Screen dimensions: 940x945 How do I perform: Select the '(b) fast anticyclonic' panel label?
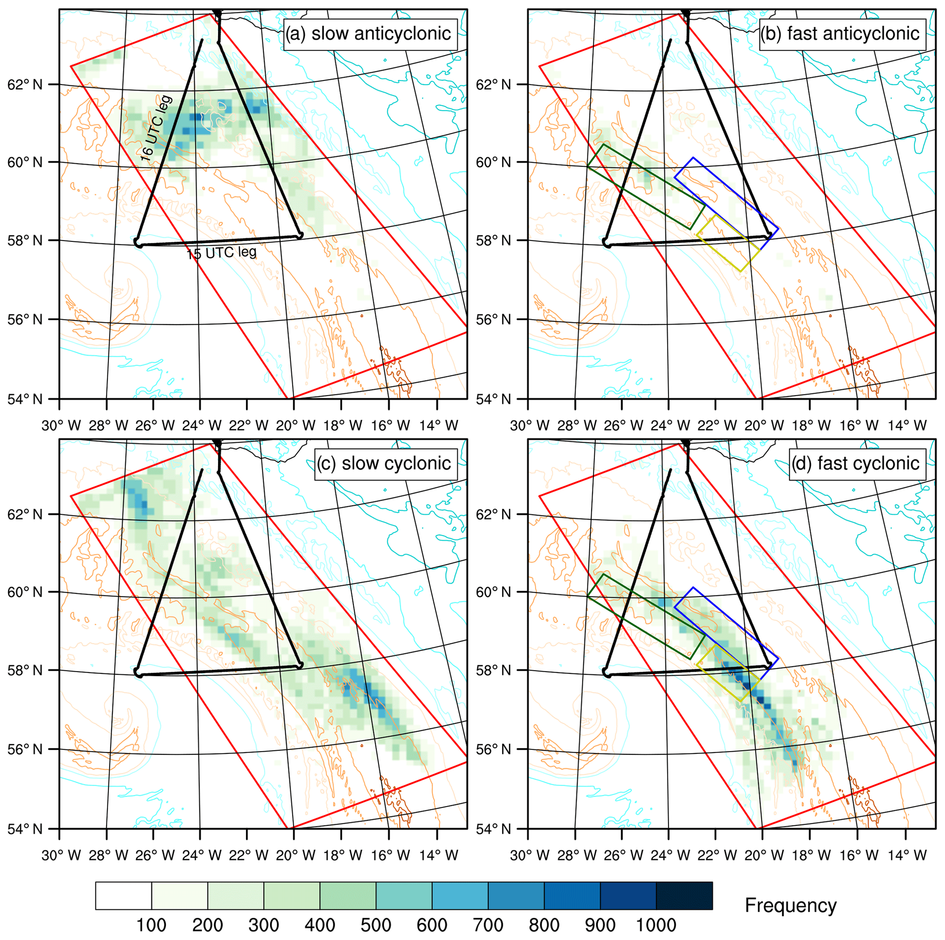tap(839, 34)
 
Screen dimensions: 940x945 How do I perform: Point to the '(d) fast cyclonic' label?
tap(855, 463)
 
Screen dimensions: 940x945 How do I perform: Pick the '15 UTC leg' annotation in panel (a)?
tap(221, 253)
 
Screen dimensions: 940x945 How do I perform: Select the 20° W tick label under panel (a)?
tap(294, 426)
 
